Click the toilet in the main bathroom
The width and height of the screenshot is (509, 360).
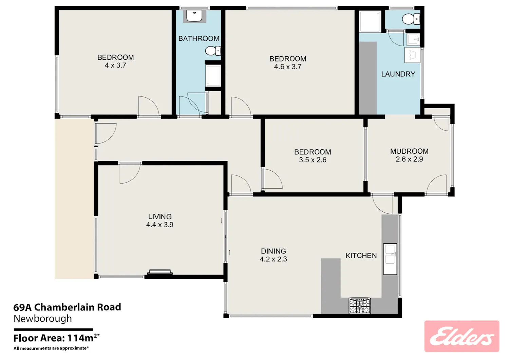pyautogui.click(x=213, y=51)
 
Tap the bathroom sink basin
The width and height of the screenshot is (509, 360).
pyautogui.click(x=194, y=16)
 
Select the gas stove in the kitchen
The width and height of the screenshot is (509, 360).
pyautogui.click(x=360, y=306)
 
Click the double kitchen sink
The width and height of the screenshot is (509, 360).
pyautogui.click(x=390, y=259)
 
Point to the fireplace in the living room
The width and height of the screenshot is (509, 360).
pyautogui.click(x=160, y=272)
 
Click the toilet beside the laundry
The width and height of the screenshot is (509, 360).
pyautogui.click(x=411, y=19)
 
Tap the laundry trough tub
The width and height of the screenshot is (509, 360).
pyautogui.click(x=412, y=55)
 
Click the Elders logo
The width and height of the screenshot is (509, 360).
pyautogui.click(x=462, y=336)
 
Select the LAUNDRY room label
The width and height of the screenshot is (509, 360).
pyautogui.click(x=398, y=74)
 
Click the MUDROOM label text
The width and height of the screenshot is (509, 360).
pyautogui.click(x=409, y=151)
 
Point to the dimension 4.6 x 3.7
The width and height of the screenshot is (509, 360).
pyautogui.click(x=288, y=67)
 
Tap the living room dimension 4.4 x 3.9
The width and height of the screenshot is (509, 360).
pyautogui.click(x=159, y=225)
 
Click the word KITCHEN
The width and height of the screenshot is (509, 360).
pyautogui.click(x=361, y=256)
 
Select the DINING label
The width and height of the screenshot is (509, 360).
pyautogui.click(x=274, y=251)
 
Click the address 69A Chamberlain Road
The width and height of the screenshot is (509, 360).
pyautogui.click(x=67, y=307)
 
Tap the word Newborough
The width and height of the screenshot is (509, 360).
pyautogui.click(x=43, y=319)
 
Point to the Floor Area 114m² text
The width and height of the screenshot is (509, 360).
pyautogui.click(x=57, y=338)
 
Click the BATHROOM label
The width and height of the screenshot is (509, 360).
pyautogui.click(x=199, y=38)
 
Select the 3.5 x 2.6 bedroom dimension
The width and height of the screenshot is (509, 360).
pyautogui.click(x=313, y=160)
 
